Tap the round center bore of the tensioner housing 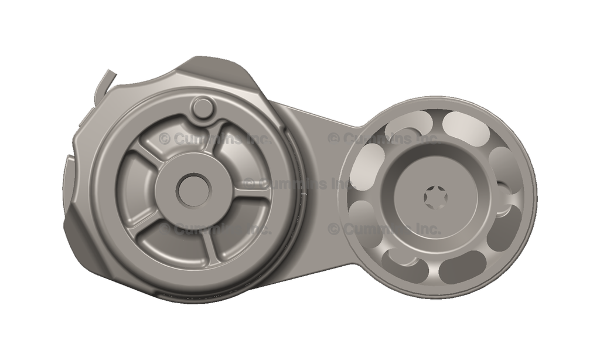[x=193, y=191]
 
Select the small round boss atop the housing [x=203, y=107]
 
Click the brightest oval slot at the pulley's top [x=466, y=128]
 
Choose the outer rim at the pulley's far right [x=533, y=196]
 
